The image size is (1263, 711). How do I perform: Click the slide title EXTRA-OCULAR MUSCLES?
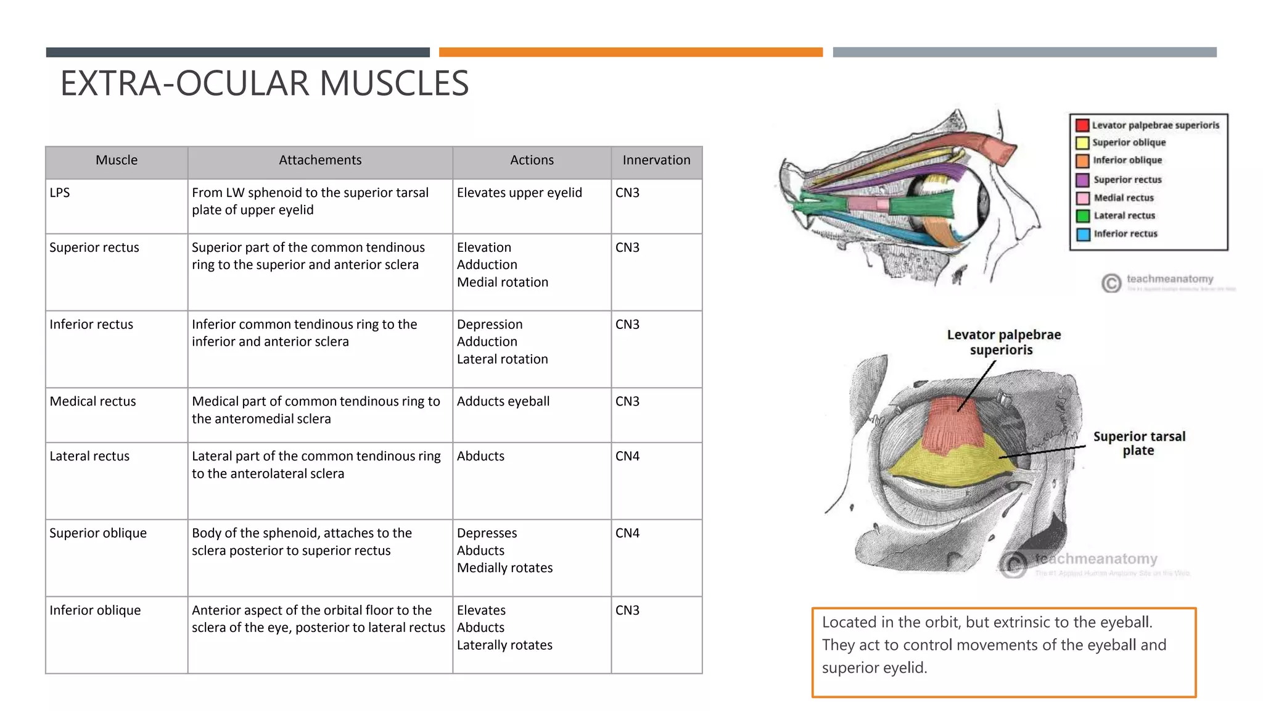(x=264, y=83)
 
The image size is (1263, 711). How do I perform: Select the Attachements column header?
(x=320, y=160)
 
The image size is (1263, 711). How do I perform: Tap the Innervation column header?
(x=656, y=160)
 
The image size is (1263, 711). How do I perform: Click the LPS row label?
(x=60, y=193)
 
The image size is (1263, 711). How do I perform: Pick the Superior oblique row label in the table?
(x=98, y=533)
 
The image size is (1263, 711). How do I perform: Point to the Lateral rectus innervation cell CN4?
(x=627, y=456)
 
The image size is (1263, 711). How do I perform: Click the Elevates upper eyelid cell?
(x=519, y=193)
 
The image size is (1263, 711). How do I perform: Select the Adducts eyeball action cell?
(x=503, y=401)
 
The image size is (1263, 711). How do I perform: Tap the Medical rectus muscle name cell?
(x=93, y=401)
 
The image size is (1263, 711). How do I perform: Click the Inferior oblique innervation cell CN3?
(x=627, y=610)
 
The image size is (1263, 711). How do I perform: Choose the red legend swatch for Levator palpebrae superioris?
(x=1082, y=125)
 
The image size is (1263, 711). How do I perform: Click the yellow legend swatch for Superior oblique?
(x=1082, y=143)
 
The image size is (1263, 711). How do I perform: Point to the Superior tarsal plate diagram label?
(x=1139, y=443)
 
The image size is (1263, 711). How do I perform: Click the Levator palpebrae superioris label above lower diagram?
(x=1003, y=342)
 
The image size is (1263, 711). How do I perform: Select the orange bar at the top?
(x=630, y=52)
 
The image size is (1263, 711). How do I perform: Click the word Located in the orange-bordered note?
(x=849, y=622)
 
